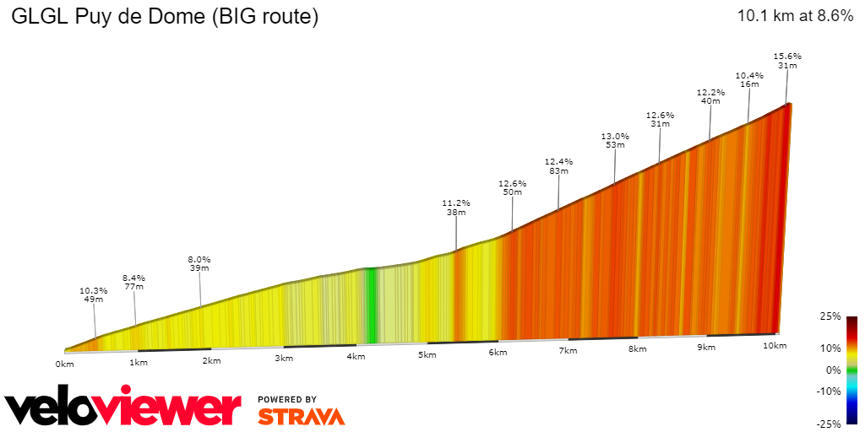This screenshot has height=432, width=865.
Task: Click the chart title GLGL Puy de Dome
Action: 165,17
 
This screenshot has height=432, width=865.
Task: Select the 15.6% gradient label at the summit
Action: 787,57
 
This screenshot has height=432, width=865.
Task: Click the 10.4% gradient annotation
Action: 749,76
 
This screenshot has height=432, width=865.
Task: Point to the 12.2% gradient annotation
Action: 710,93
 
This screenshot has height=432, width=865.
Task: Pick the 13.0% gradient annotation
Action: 615,137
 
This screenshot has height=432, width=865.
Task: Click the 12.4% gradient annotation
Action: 558,162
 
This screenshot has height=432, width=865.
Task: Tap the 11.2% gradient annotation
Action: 456,203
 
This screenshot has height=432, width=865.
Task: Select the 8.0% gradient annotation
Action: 199,260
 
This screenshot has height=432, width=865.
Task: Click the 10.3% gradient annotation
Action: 93,291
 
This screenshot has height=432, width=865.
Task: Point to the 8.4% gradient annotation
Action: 133,278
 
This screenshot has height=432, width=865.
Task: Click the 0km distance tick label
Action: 65,364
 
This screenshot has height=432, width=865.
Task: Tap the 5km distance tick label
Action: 427,355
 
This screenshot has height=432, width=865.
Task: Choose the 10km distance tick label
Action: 775,346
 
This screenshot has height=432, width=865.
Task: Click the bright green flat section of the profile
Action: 369,304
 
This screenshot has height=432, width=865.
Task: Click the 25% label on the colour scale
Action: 831,316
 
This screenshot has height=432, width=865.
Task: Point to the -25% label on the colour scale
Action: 830,424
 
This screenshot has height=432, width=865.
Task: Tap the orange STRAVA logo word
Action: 301,416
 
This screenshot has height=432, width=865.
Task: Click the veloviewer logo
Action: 122,408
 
